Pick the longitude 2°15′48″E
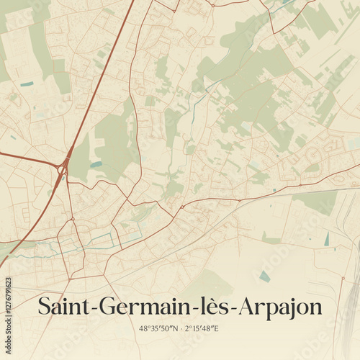pos(202,328)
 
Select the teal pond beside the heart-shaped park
pos(96,164)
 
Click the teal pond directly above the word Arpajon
pos(265,276)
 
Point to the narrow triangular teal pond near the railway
pos(326,239)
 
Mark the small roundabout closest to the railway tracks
pos(182,207)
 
